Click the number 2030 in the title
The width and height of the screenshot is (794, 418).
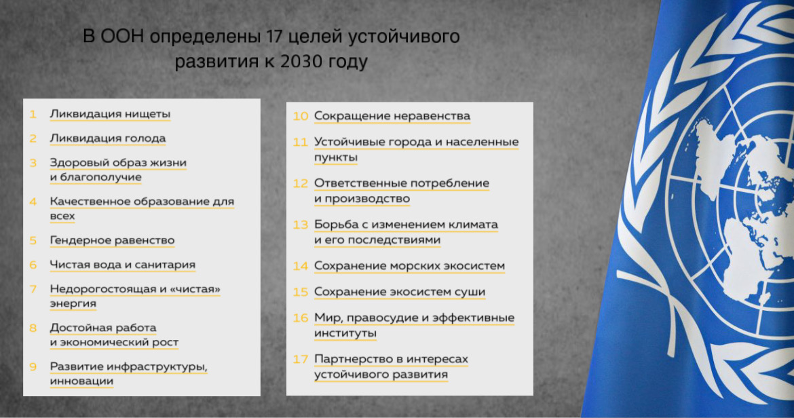(x=301, y=61)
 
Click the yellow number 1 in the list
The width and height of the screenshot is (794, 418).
(x=33, y=115)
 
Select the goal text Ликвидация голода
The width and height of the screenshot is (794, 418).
(x=107, y=138)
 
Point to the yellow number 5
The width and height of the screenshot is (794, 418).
(x=33, y=240)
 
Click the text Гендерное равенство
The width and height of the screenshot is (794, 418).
(x=112, y=240)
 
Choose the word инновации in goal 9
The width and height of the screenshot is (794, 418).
(x=81, y=381)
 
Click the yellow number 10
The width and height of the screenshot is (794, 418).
(x=300, y=117)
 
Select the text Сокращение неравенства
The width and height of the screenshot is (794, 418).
(x=392, y=117)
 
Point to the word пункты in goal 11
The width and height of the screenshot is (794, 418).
(x=336, y=157)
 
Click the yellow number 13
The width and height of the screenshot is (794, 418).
(x=300, y=225)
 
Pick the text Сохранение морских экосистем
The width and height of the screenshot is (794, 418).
(x=409, y=266)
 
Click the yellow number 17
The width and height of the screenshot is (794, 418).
(x=300, y=359)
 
